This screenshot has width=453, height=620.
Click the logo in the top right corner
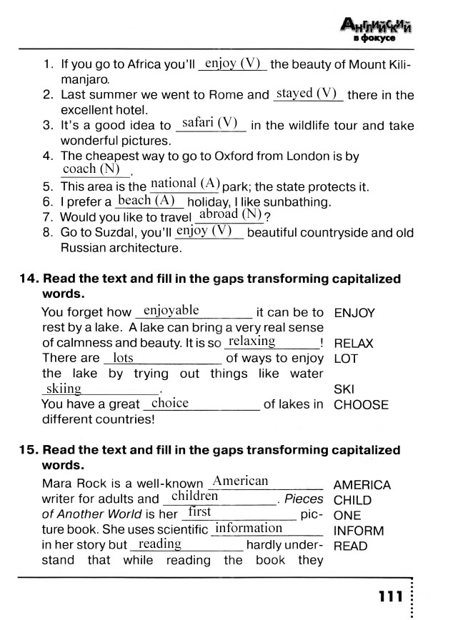(377, 29)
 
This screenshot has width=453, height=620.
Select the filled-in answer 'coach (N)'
(91, 169)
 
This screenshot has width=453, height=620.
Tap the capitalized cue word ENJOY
(354, 313)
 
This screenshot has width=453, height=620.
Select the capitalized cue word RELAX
(354, 344)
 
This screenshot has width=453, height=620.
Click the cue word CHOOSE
(361, 405)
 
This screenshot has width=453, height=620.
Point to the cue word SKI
(344, 390)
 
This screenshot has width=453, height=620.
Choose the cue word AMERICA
(362, 485)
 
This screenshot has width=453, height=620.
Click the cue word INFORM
(359, 531)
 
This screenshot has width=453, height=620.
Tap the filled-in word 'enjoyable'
(171, 310)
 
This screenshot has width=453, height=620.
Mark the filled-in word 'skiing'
(63, 389)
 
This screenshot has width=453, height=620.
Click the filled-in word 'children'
(195, 496)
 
